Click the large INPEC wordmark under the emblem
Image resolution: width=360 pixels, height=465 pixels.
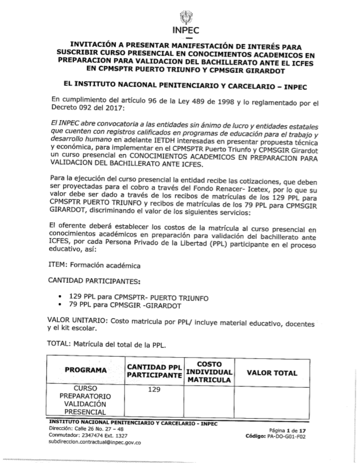[186, 31]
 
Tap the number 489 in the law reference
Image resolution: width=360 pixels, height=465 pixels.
[194, 101]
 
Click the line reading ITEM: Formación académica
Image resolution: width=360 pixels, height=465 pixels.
[94, 266]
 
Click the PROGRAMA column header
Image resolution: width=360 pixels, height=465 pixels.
[86, 370]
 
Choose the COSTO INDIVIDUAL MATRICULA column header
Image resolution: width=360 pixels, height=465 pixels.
[209, 372]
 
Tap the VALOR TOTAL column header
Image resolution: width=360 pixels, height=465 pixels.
[272, 373]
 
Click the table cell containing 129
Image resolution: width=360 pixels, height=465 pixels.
[154, 390]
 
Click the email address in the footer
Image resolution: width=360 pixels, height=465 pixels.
[94, 442]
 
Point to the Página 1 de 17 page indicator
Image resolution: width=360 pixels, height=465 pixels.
[287, 430]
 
